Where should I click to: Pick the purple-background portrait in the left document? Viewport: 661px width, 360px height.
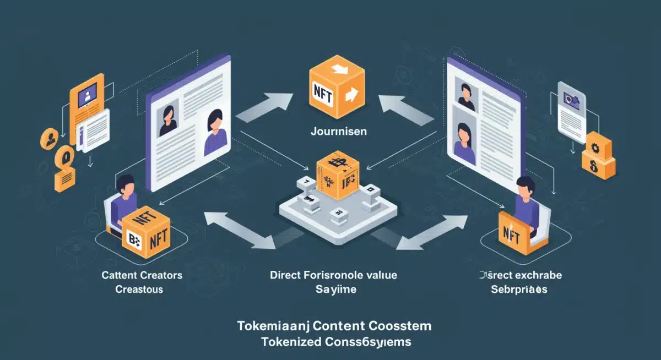(x=215, y=132)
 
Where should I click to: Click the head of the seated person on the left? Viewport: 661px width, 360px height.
(x=126, y=186)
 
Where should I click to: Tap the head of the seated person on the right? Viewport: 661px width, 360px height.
(x=525, y=187)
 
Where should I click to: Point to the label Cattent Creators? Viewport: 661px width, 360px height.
(x=142, y=275)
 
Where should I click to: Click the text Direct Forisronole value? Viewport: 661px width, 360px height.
(x=333, y=275)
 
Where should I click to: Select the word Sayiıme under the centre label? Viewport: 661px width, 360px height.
(x=333, y=289)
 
